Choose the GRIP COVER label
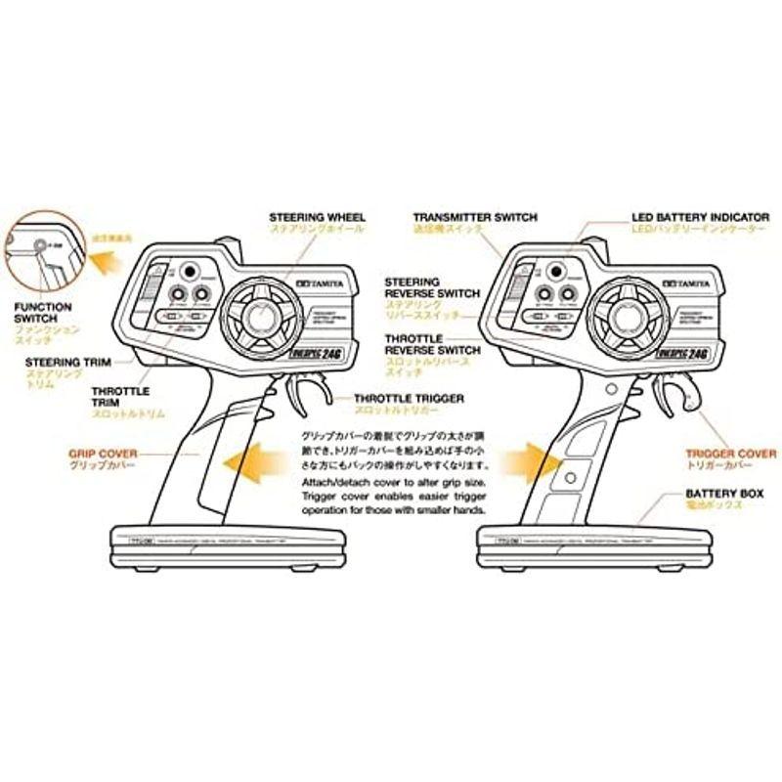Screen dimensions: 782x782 (103, 455)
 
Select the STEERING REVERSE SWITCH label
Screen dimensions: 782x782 (432, 286)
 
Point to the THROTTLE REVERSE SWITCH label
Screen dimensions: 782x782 (432, 343)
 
